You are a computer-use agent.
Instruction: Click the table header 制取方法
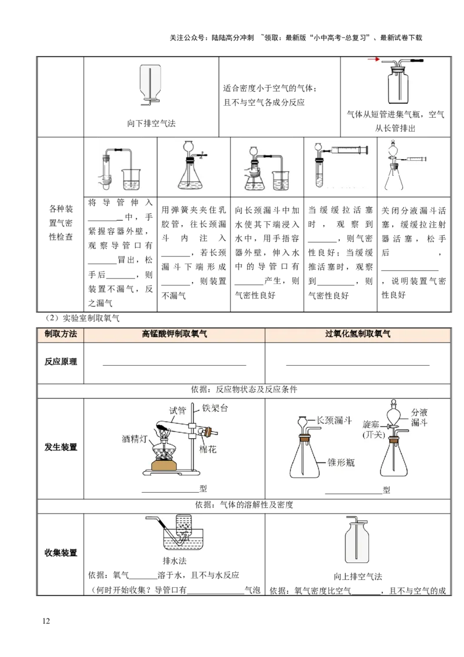[x=61, y=334]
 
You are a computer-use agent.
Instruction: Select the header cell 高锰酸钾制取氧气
[x=174, y=334]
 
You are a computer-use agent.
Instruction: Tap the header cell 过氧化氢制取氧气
[x=358, y=334]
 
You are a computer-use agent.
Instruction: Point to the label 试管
[x=177, y=410]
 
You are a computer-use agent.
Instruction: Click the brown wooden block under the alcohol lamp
[x=168, y=464]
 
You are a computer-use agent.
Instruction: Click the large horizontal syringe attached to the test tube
[x=347, y=150]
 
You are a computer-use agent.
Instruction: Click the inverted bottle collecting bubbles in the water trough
[x=184, y=527]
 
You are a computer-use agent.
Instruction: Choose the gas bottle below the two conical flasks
[x=357, y=542]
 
